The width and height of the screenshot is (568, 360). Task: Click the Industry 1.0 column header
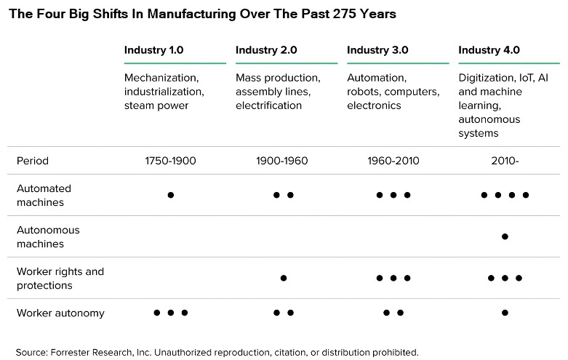(x=153, y=50)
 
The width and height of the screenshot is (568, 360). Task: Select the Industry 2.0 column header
(x=265, y=50)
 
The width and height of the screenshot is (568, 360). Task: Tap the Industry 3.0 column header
(x=377, y=50)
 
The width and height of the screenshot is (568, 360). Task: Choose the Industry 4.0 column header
(x=489, y=50)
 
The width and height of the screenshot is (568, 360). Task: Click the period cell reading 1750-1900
(x=170, y=161)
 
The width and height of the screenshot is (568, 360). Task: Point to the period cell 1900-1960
(x=282, y=161)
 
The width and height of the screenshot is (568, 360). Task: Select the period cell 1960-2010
(x=393, y=161)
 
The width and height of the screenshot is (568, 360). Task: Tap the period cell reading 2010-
(x=504, y=161)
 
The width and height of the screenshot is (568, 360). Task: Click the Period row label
(x=33, y=161)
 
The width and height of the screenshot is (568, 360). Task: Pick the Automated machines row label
(x=44, y=195)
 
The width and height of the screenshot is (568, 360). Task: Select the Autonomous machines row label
(x=48, y=236)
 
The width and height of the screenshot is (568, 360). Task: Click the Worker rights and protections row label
(x=60, y=278)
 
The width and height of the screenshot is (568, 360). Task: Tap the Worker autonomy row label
(x=60, y=313)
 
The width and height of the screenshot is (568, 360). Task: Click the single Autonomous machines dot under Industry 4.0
(x=505, y=236)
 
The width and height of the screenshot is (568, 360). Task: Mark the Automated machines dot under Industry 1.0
(x=171, y=195)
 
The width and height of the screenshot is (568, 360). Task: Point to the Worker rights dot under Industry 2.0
(x=284, y=278)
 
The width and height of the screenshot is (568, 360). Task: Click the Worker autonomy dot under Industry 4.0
(x=505, y=313)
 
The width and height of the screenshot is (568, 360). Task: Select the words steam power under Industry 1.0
(x=156, y=105)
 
